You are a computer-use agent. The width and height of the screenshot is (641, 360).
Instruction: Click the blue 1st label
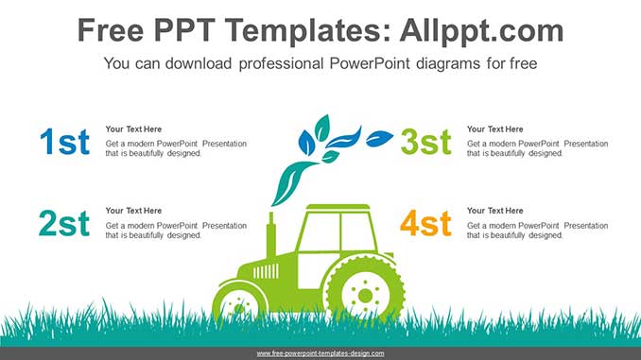tap(64, 142)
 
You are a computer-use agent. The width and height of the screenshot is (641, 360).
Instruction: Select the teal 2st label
tap(64, 224)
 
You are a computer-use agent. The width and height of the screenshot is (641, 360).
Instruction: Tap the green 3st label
tap(425, 142)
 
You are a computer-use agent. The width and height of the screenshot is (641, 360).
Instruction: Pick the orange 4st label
tap(425, 224)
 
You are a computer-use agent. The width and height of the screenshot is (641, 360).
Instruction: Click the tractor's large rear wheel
tap(364, 294)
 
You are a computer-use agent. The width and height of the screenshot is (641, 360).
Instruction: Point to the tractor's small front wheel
tap(239, 305)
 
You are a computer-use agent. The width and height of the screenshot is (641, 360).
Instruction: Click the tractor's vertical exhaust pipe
tap(271, 236)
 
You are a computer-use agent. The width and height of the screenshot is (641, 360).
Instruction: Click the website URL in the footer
tap(320, 353)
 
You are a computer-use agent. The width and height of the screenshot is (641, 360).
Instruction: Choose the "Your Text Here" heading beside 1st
tap(133, 129)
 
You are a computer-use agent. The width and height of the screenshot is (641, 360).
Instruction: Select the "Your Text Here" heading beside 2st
tap(133, 211)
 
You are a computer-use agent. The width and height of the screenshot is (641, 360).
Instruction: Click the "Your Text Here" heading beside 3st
tap(494, 129)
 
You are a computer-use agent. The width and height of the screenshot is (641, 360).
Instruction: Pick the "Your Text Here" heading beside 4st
tap(494, 211)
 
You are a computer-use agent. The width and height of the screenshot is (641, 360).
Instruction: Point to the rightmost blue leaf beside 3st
tap(379, 138)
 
